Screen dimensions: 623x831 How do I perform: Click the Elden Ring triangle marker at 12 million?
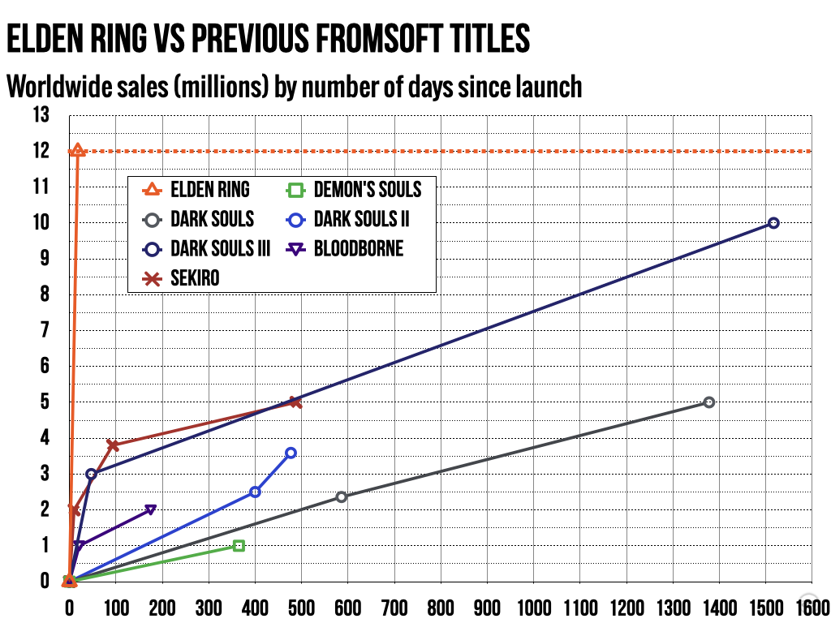[x=78, y=150]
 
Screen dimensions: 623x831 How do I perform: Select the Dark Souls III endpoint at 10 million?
[x=773, y=223]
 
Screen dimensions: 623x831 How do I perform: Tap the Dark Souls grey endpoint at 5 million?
[x=708, y=402]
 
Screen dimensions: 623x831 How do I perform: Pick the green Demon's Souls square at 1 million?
[x=239, y=546]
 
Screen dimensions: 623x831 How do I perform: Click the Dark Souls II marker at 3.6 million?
[x=291, y=453]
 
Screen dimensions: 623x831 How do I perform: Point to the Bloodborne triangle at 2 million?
[x=150, y=509]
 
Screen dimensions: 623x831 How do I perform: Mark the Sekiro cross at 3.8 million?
[x=113, y=445]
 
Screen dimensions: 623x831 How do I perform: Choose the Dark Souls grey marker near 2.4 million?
[x=341, y=496]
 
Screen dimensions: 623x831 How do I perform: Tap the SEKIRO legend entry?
[x=195, y=279]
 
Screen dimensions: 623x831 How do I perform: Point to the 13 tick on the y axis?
[x=41, y=115]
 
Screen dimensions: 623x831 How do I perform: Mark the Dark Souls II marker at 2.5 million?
[x=255, y=492]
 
